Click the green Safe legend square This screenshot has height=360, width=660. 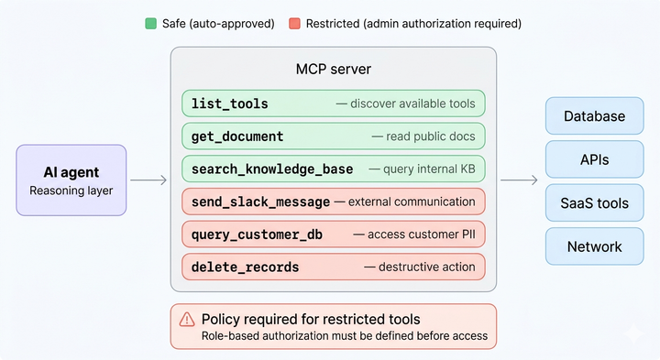point(150,23)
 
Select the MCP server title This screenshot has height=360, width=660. point(333,70)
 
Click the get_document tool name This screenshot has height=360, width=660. point(237,136)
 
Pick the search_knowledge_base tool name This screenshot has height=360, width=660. point(271,169)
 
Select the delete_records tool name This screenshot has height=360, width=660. point(245,267)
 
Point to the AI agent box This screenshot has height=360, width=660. point(71,180)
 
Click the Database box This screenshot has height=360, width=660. point(594,116)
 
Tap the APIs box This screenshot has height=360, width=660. point(594,159)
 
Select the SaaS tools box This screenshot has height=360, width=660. point(594,202)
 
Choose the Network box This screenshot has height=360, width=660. point(594,246)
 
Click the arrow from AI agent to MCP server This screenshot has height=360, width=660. point(148,180)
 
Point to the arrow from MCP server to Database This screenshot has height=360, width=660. point(518,180)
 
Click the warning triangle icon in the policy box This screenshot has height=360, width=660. point(187,320)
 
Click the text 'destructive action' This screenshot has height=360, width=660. point(420,267)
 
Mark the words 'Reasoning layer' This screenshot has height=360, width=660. point(71,191)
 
